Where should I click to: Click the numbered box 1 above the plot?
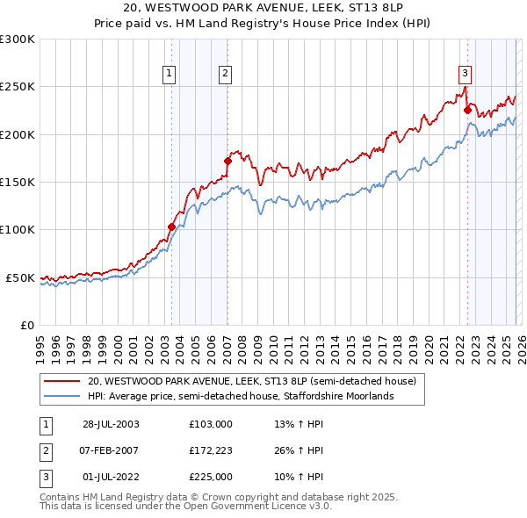[x=169, y=74]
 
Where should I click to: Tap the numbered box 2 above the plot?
[x=226, y=74]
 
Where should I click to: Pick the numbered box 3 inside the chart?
[x=465, y=74]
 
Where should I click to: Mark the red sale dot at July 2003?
[x=172, y=227]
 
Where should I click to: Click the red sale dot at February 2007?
[x=227, y=161]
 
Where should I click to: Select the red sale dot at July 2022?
[x=467, y=111]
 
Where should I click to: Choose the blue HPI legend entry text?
[x=242, y=396]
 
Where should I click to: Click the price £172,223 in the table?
[x=211, y=451]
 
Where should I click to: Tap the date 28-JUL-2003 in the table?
[x=112, y=423]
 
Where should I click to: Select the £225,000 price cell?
[x=211, y=478]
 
